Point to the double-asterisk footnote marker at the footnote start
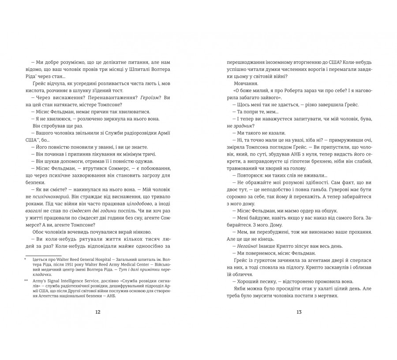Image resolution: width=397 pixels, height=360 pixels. (26, 280)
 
